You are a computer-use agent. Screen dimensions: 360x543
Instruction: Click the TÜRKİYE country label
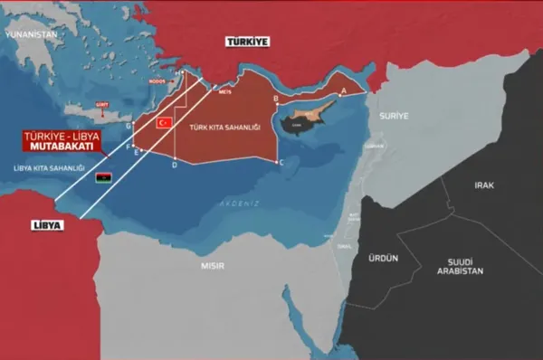(x=248, y=42)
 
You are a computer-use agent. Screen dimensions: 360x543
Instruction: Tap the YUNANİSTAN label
(x=30, y=33)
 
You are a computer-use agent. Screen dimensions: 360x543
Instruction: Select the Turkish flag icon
(x=165, y=121)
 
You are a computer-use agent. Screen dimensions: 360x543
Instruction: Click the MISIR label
(x=213, y=265)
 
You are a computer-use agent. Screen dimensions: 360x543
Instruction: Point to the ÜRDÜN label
(x=384, y=257)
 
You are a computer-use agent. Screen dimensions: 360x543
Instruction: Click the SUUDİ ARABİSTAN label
(x=460, y=265)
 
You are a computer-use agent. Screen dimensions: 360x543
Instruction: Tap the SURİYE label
(x=395, y=116)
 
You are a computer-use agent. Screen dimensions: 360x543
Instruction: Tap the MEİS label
(x=224, y=92)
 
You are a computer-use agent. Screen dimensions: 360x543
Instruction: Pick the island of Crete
(x=96, y=114)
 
